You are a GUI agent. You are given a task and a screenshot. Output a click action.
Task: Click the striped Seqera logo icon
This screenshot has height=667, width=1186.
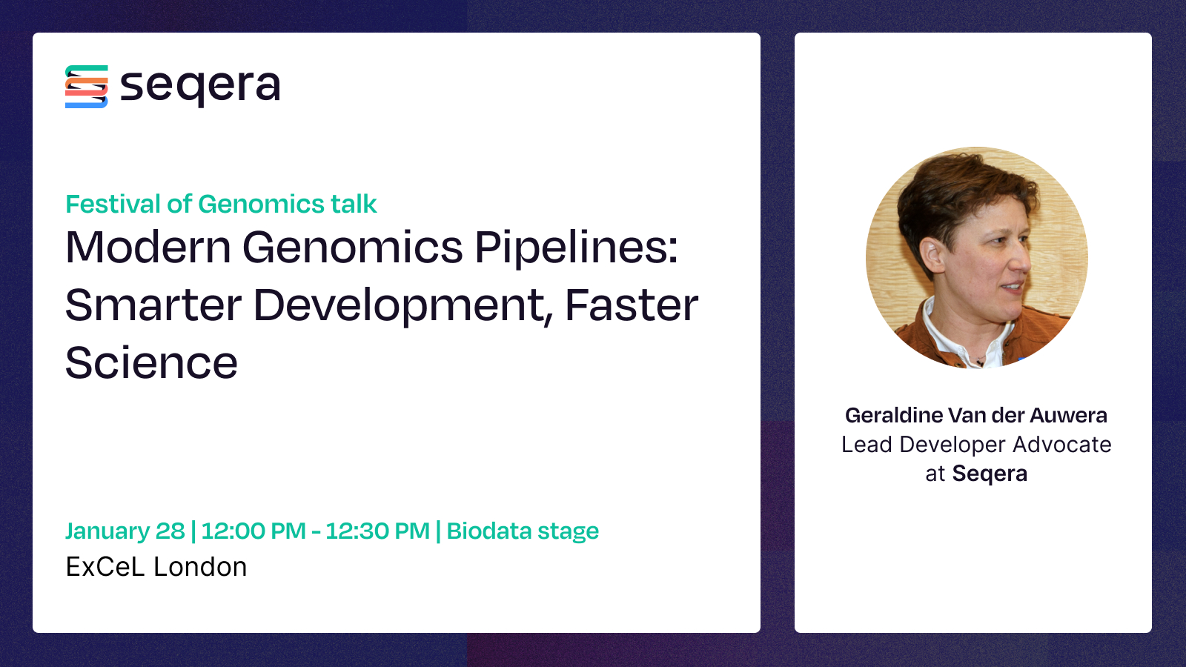[x=86, y=87]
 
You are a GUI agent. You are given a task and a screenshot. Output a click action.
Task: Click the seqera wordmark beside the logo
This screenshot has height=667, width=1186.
[x=200, y=87]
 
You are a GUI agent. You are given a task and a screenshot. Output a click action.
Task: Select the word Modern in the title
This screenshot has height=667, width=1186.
[x=148, y=247]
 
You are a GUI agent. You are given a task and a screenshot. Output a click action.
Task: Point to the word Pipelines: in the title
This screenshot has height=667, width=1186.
[x=576, y=249]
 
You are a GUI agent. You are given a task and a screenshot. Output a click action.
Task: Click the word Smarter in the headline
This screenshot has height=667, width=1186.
[x=153, y=305]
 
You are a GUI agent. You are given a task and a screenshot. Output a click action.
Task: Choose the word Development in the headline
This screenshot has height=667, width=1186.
[x=403, y=308]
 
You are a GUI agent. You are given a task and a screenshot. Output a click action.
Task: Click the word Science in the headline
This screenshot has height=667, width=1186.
[x=151, y=363]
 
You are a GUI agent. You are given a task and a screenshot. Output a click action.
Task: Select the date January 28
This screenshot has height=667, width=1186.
[x=125, y=531]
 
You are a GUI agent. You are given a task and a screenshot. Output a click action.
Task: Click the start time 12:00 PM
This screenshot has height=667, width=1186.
[x=254, y=531]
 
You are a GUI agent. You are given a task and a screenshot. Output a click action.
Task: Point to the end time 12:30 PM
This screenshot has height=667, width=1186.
[x=377, y=531]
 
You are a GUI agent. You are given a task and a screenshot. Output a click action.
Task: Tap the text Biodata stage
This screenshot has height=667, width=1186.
[x=523, y=531]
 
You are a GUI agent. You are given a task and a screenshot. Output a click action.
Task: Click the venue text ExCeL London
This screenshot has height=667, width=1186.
[x=156, y=567]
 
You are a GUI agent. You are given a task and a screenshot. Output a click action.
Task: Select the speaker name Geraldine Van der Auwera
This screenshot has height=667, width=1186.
[x=975, y=416]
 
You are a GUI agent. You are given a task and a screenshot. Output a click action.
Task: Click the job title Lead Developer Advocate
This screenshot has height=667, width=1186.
[x=976, y=445]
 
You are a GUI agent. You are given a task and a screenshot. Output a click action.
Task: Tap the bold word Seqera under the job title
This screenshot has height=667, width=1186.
[x=990, y=474]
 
